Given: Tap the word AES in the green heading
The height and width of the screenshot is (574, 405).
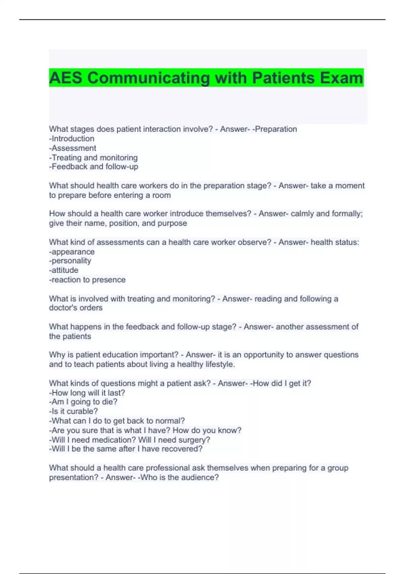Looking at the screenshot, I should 65,78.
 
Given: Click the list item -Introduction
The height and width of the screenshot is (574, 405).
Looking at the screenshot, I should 72,139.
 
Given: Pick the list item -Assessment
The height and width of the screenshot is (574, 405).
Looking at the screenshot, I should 73,148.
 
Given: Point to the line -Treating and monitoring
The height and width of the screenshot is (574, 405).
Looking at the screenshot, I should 93,158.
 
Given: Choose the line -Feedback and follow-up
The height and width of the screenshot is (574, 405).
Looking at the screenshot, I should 93,167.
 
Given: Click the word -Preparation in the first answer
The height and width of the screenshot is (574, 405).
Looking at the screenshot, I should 274,129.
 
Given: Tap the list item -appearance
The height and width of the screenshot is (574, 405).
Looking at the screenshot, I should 72,252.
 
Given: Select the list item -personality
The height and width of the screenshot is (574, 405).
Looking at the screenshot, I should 70,261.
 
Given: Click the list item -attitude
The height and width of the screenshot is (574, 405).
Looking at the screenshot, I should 64,270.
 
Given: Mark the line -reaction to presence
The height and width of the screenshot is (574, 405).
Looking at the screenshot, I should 87,280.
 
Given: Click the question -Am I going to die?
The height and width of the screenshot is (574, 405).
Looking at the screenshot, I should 83,402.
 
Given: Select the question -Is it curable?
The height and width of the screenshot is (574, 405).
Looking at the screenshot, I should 73,411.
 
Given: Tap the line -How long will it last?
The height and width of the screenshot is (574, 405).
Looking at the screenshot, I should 87,393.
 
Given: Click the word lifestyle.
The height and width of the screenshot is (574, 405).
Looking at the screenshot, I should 220,365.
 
